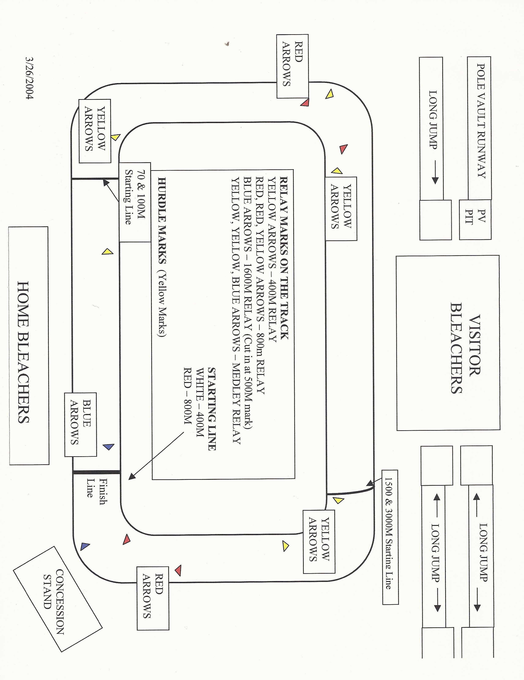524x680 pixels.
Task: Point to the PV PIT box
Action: [475, 219]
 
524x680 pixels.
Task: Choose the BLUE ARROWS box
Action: [81, 425]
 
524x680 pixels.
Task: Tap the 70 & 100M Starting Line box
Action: [135, 202]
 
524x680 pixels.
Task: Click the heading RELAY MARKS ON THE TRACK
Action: [284, 258]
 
